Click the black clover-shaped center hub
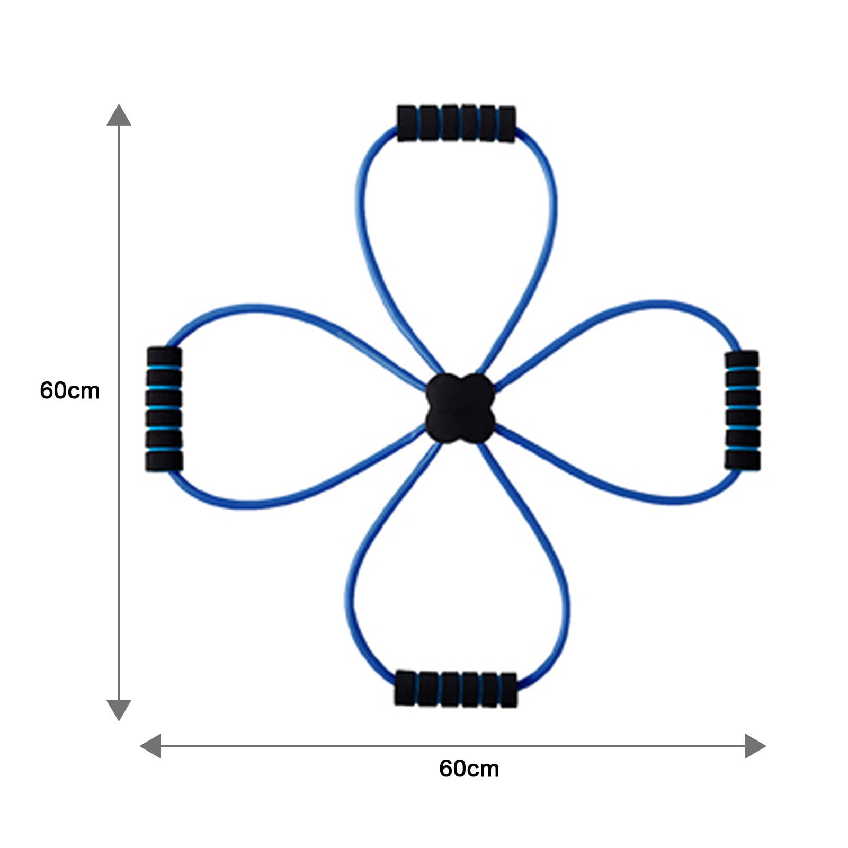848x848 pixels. point(460,408)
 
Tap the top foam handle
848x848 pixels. point(456,123)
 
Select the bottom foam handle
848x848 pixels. point(456,689)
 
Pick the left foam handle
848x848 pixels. point(164,408)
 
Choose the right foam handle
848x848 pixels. point(742,410)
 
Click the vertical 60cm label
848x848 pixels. point(69,391)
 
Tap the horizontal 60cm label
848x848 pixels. point(469,769)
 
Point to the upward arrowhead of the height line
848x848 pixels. point(119,115)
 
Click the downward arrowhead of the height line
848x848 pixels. point(119,710)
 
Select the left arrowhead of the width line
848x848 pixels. point(150,746)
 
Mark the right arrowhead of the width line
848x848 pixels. point(755,746)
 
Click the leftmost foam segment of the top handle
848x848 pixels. point(407,123)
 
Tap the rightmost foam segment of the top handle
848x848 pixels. point(507,124)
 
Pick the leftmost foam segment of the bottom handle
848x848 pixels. point(405,688)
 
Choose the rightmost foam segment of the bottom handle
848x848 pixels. point(508,690)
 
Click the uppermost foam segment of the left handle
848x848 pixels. point(164,356)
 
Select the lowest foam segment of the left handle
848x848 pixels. point(164,461)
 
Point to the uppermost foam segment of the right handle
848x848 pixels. point(742,359)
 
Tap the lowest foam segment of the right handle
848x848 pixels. point(743,460)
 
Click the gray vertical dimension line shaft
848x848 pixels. point(119,412)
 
